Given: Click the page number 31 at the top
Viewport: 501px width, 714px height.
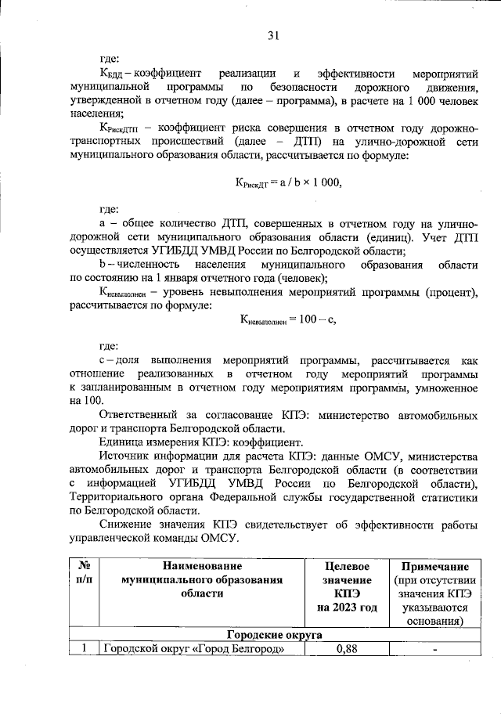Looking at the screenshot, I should tap(274, 35).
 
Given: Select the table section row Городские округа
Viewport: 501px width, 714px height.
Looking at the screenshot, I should tap(274, 635).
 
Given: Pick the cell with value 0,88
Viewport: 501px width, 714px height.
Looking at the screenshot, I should tap(347, 649).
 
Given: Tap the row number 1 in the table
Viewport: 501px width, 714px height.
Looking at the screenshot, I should tap(82, 649).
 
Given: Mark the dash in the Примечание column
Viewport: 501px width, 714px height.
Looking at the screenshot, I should tap(434, 649).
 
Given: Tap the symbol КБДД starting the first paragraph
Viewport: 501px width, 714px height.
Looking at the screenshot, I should tap(111, 71).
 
